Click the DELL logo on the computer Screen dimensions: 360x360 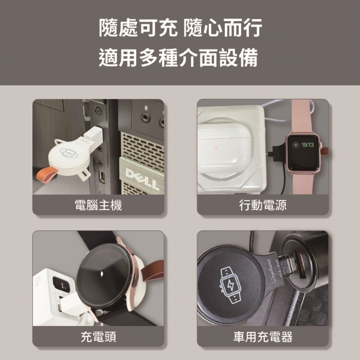pos(142,178)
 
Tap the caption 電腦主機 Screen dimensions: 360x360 pos(98,205)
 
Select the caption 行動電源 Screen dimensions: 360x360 pos(263,205)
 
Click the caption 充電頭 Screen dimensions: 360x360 pos(99,336)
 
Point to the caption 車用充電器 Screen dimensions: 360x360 pos(263,336)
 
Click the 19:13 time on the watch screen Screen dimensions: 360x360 pos(308,145)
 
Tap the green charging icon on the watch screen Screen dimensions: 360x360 pos(296,145)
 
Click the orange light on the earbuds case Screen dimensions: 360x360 pos(216,147)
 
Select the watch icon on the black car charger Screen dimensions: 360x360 pos(230,285)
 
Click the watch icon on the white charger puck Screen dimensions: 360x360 pos(69,153)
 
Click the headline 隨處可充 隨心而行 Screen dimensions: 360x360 pos(181,28)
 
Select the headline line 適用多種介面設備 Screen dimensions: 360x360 pos(178,58)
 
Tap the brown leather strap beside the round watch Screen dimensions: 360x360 pos(153,271)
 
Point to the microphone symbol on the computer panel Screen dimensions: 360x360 pos(146,107)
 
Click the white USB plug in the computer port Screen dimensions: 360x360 pos(93,135)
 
